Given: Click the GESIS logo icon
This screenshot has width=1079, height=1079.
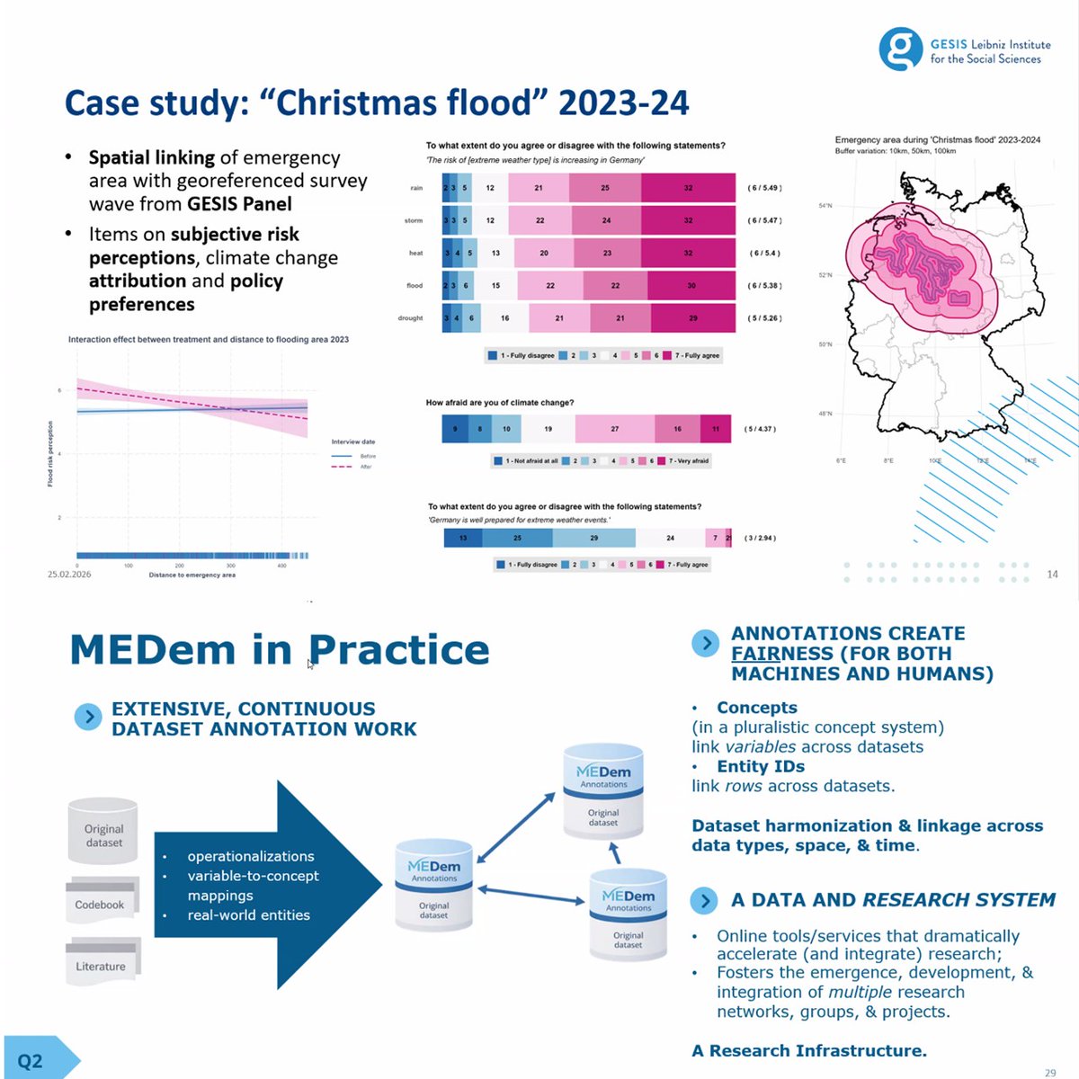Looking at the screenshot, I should coord(900,48).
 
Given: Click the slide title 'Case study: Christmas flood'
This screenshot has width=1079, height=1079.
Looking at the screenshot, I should coord(377,103).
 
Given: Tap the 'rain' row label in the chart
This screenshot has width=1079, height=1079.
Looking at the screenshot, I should coord(416,188).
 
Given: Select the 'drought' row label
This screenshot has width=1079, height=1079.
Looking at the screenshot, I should coord(410,318).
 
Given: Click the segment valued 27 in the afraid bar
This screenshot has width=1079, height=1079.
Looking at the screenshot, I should coord(615,429).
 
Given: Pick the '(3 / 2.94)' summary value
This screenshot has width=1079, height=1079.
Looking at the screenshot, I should coord(760,539).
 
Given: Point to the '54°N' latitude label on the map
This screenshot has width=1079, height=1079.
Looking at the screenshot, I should coord(825,206).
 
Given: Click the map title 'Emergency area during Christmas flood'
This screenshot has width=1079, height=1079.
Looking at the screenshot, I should coord(937,140).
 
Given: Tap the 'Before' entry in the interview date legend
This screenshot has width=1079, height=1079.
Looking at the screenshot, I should coord(368,456).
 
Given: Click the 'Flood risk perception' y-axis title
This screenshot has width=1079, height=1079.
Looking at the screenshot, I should coord(50,454).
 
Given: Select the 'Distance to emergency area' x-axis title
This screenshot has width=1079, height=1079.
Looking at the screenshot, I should coord(192,575).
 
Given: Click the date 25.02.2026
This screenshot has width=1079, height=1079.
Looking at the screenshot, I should coord(69,574).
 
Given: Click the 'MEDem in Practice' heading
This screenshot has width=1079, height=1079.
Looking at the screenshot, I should coord(280,649).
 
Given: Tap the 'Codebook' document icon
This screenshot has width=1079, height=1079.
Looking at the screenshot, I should coord(100,902).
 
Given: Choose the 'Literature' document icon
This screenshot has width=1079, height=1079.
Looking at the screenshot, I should coord(101,964).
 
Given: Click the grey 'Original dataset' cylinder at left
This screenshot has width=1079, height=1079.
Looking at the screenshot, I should coord(104,833).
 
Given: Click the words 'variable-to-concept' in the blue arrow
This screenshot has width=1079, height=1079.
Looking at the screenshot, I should coord(253,876).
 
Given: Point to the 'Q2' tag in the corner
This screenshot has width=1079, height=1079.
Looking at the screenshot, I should coord(31,1061).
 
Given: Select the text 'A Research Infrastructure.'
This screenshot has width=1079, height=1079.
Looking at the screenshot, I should coord(809,1050).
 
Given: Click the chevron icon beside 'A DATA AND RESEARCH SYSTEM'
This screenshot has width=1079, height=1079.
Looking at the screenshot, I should coord(706,900).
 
